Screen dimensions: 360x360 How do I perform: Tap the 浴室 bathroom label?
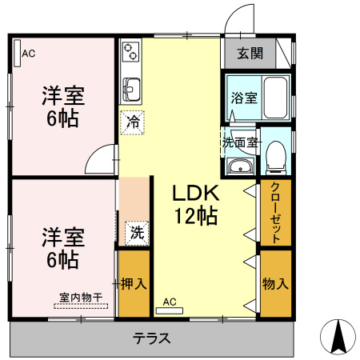click(x=244, y=98)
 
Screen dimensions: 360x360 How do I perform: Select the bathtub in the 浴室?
click(x=275, y=98)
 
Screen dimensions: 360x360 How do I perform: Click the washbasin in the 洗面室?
click(x=239, y=166)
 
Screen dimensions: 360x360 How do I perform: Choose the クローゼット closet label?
click(x=275, y=213)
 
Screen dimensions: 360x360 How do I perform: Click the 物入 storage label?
click(x=275, y=284)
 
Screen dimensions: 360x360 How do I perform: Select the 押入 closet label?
click(x=133, y=284)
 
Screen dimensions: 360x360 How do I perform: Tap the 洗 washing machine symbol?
click(x=137, y=233)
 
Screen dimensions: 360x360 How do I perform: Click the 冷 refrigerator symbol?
click(x=133, y=123)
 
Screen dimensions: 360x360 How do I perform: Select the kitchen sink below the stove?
click(x=131, y=87)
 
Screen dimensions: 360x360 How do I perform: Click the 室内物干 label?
click(x=81, y=298)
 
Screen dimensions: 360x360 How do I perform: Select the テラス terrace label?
click(x=152, y=338)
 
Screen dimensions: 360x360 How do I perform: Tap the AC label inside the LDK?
click(x=169, y=302)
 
